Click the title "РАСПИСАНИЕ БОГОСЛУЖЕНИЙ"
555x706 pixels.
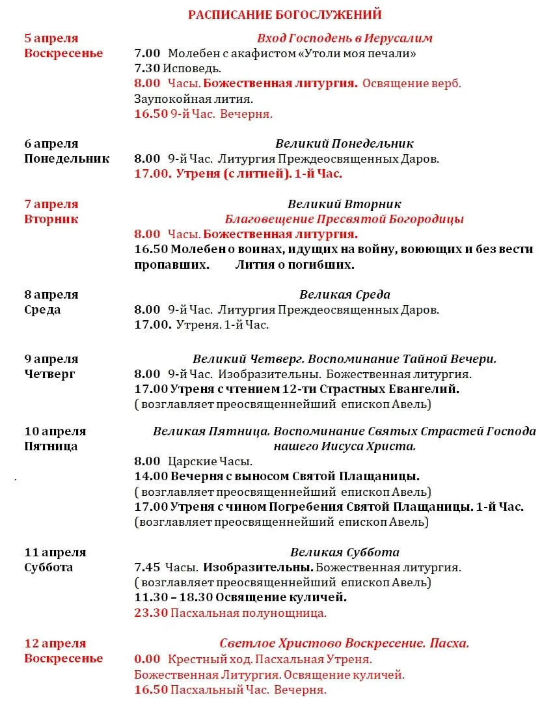(284, 14)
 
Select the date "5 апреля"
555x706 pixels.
(51, 38)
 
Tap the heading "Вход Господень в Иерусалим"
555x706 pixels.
(344, 38)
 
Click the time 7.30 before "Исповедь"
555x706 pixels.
(146, 68)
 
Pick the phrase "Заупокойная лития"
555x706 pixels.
(193, 99)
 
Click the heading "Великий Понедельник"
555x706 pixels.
(344, 143)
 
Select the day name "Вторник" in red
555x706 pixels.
(51, 219)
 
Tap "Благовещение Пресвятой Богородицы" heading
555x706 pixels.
(344, 219)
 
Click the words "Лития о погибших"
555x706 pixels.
(295, 265)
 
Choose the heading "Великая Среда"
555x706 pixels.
(344, 295)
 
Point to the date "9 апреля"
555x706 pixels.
(51, 359)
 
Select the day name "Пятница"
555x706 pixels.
(51, 446)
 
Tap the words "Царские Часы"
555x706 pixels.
(210, 462)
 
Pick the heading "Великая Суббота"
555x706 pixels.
(344, 552)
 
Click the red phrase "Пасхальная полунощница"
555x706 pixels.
(249, 613)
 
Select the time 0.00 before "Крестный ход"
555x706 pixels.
(146, 659)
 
